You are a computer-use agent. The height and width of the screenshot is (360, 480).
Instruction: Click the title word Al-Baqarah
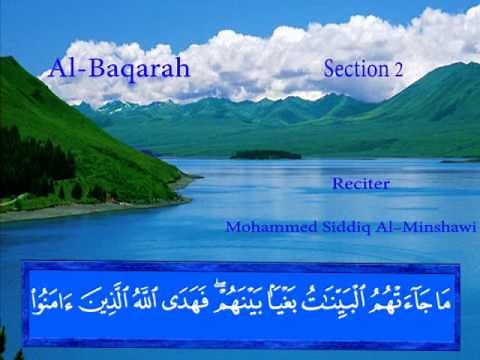119,69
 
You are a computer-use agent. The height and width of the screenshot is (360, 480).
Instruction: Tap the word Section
356,69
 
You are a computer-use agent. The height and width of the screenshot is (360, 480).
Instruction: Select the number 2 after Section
398,70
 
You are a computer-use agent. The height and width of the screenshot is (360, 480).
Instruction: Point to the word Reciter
360,184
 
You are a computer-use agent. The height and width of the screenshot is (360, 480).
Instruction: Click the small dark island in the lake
265,155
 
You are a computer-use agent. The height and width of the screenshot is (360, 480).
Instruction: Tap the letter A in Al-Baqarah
58,69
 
